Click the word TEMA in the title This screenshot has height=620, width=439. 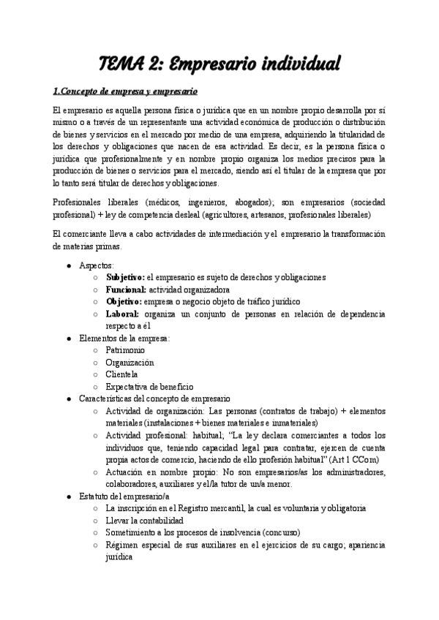click(x=121, y=64)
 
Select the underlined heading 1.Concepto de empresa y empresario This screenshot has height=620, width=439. click(x=125, y=91)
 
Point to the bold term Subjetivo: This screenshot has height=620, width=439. click(x=125, y=277)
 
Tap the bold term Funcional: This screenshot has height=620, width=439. click(x=126, y=290)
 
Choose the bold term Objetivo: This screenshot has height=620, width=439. click(x=124, y=301)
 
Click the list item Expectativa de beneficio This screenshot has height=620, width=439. click(x=149, y=386)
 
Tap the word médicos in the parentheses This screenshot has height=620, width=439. click(x=165, y=202)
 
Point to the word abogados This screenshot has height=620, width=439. click(x=263, y=202)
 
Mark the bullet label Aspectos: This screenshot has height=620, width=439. click(x=97, y=265)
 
